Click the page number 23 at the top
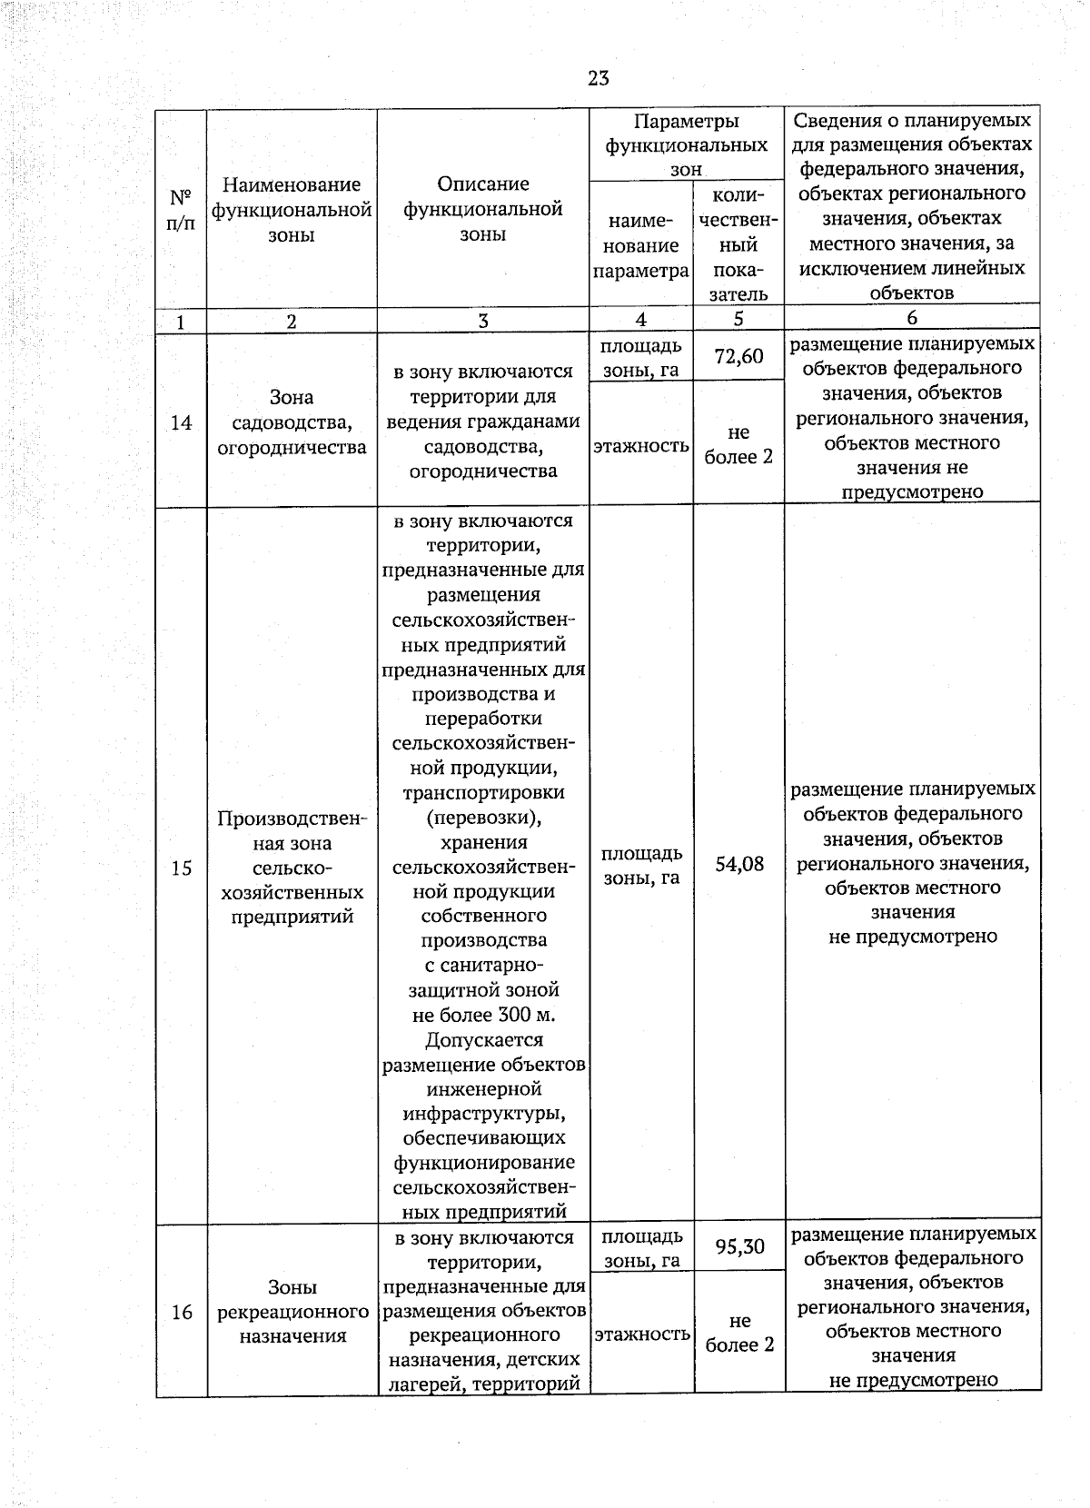coord(598,78)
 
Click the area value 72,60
coord(738,356)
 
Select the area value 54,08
coord(738,864)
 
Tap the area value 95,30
coord(739,1246)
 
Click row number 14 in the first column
coord(181,422)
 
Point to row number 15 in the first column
coord(181,868)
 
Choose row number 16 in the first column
coord(182,1312)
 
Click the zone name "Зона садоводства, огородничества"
coord(292,422)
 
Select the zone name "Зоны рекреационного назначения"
coord(292,1312)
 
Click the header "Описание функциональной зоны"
coord(482,209)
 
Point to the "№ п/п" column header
coord(181,210)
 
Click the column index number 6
coord(912,318)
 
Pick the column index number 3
coord(482,321)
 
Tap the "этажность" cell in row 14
coord(641,446)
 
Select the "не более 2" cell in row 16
coord(739,1333)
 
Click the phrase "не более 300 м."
coord(482,1015)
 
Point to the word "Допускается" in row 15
coord(483,1039)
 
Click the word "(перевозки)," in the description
coord(483,818)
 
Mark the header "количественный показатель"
coord(738,245)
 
